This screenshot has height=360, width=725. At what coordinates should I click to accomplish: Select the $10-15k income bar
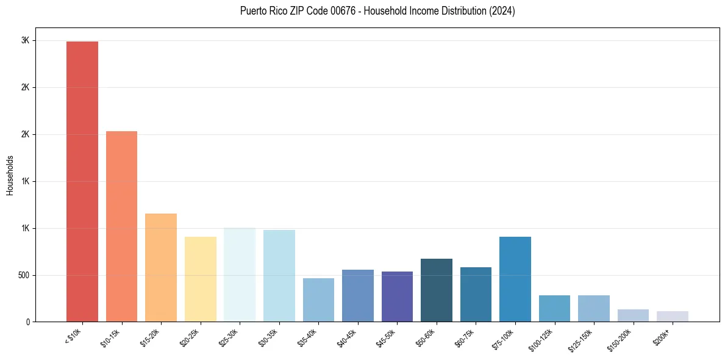point(121,226)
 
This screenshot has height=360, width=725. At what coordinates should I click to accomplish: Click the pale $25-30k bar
point(240,275)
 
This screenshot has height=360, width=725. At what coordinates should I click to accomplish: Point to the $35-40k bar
point(318,300)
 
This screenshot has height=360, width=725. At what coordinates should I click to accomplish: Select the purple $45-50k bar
point(397,297)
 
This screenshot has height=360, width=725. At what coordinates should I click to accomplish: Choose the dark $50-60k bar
point(437,290)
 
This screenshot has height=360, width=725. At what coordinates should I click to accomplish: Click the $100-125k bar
point(554,308)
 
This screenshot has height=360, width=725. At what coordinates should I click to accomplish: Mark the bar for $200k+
point(673,316)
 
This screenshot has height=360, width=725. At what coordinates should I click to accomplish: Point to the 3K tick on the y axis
point(25,41)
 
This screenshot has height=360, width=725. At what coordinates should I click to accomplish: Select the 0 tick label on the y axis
point(27,322)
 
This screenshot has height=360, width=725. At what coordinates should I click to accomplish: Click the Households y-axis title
point(10,175)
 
